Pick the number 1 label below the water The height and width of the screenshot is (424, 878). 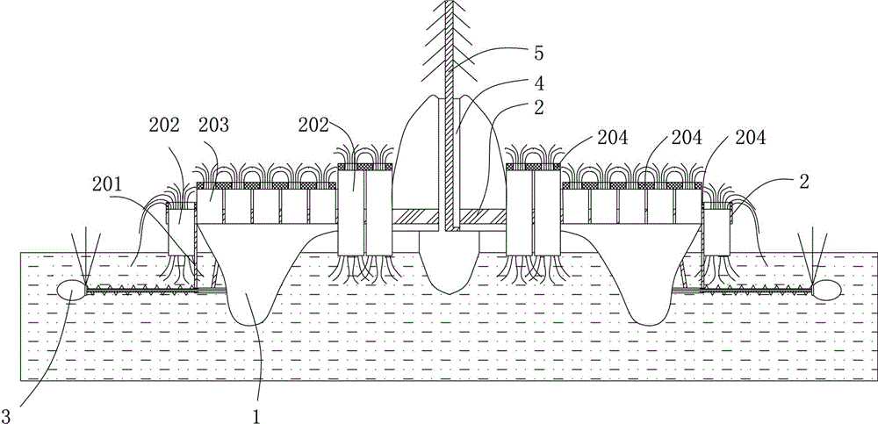pyautogui.click(x=255, y=408)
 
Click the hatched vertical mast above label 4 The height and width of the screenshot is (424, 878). pyautogui.click(x=449, y=53)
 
